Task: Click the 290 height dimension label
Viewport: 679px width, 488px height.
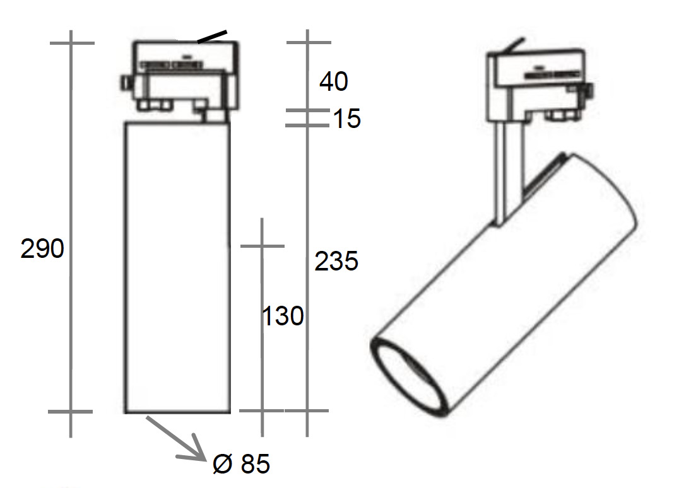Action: pos(42,248)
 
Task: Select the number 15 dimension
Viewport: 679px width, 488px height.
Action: pos(346,118)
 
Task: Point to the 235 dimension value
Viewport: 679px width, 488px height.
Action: pos(336,261)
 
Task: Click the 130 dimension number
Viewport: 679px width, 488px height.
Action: pos(283,316)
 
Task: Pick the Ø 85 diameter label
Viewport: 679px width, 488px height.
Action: pos(241,463)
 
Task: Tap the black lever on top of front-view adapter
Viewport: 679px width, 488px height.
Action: pos(212,37)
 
